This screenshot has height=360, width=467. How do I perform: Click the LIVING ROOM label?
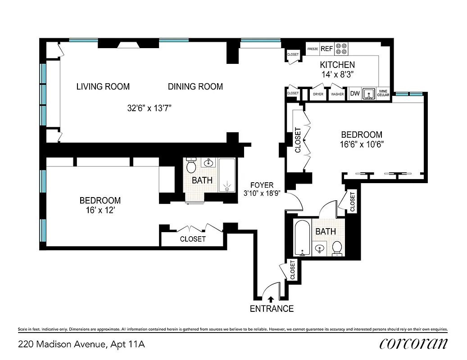point(103,86)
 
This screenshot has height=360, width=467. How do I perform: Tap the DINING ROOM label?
point(195,86)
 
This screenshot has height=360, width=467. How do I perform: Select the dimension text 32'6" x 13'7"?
point(150,108)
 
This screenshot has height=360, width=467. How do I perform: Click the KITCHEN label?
point(337,65)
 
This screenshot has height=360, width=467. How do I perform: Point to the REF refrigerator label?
point(326,49)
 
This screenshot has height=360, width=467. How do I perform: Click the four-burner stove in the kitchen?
point(342,48)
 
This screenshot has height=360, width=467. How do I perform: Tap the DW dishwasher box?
point(354,94)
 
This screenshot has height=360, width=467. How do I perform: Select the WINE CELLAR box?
point(383,94)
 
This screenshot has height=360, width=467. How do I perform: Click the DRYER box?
point(318,94)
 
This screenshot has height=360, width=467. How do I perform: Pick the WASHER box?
point(337,94)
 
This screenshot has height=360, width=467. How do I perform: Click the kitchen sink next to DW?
point(369,94)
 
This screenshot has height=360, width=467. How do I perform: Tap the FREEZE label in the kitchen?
point(313,49)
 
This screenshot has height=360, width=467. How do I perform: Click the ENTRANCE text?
point(272,309)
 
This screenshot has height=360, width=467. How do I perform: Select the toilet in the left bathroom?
point(191,166)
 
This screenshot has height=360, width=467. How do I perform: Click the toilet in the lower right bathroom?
point(337,248)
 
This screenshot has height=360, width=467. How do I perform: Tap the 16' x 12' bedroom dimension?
point(100,210)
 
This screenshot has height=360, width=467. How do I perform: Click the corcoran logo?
point(413,344)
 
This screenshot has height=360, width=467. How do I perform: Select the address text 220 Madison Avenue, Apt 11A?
point(82,345)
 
